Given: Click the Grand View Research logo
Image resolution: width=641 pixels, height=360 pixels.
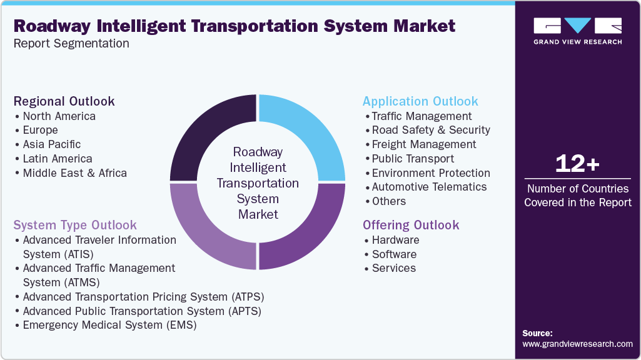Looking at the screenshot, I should click(x=577, y=31).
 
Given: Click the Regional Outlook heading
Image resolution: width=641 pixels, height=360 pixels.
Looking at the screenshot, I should click(x=64, y=101).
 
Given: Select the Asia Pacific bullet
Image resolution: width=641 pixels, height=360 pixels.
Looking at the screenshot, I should click(x=52, y=144).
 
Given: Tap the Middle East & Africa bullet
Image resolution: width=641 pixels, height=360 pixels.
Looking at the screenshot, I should click(x=74, y=173).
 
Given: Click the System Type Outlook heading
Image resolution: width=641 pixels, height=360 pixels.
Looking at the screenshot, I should click(x=75, y=225).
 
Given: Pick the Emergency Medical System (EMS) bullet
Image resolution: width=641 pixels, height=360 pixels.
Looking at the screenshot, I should click(x=109, y=325).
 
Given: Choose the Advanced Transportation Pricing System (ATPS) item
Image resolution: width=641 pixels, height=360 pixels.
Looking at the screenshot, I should click(x=143, y=296).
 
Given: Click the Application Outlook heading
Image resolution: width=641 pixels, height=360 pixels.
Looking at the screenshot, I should click(x=420, y=101).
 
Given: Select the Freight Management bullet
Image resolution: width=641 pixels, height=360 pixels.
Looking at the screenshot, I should click(x=423, y=144).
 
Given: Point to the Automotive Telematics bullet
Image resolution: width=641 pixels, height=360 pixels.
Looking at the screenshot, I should click(x=429, y=187).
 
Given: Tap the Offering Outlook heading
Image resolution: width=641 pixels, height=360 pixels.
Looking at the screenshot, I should click(x=411, y=225).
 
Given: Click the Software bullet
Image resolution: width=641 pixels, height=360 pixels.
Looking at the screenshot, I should click(x=394, y=254).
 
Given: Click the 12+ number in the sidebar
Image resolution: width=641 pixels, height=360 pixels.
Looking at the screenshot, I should click(x=577, y=164).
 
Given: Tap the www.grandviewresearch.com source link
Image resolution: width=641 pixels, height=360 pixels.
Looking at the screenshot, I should click(x=577, y=344).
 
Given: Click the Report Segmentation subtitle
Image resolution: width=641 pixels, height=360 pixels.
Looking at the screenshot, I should click(x=71, y=44).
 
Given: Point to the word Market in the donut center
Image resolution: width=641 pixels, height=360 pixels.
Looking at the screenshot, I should click(x=258, y=214).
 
